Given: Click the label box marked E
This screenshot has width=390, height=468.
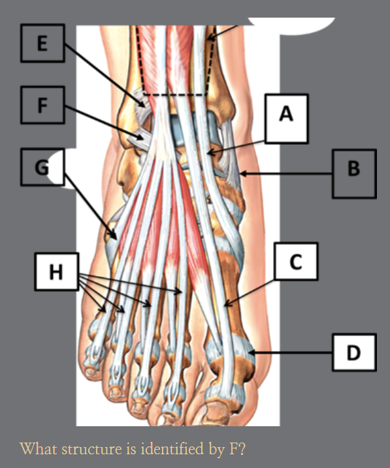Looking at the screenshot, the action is click(x=42, y=43).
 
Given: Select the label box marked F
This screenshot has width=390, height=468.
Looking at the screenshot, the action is click(x=42, y=105).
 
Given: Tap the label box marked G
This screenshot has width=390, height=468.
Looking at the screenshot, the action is click(x=42, y=167).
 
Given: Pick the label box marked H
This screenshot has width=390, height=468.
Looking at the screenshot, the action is click(x=57, y=272).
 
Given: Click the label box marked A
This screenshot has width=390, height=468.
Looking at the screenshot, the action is click(x=286, y=119).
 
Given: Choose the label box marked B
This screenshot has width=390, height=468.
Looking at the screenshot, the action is click(x=354, y=174).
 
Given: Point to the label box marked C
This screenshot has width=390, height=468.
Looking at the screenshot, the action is click(x=296, y=262).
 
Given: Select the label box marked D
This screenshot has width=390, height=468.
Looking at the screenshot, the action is click(x=354, y=352).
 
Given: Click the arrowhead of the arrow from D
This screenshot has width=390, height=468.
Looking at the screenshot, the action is click(x=252, y=352).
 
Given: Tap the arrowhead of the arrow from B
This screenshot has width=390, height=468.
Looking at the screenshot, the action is click(x=243, y=174).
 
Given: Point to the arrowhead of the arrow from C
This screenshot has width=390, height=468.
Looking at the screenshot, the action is click(x=227, y=303).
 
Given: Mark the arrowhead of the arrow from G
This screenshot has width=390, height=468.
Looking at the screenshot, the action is click(x=114, y=235).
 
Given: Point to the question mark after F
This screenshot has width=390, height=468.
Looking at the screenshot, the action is click(x=242, y=448).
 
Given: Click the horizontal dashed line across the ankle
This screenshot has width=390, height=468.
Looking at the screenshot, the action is click(x=175, y=95).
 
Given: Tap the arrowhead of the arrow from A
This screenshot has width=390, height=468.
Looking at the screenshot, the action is click(x=211, y=153).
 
